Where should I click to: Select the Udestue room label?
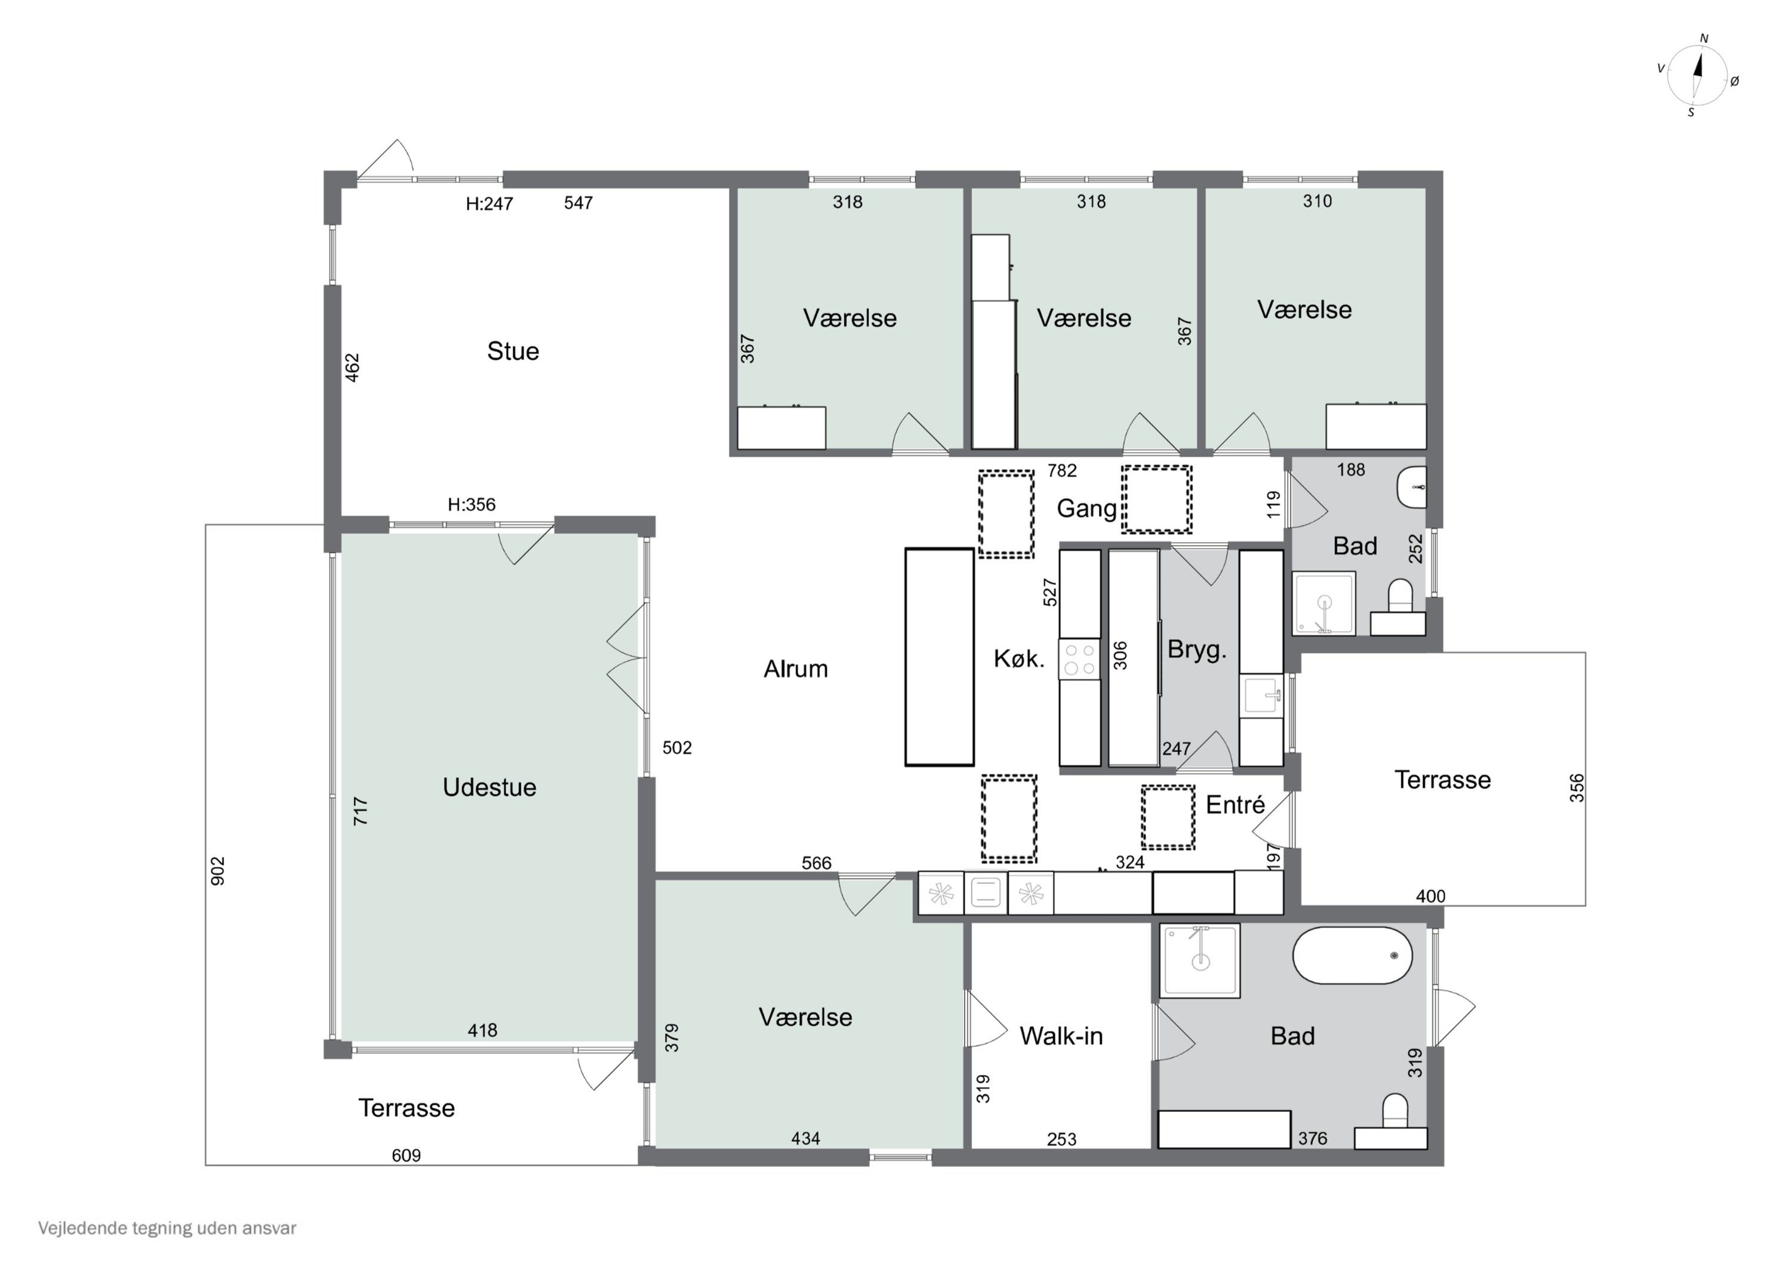coord(489,787)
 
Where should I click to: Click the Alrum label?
coord(796,669)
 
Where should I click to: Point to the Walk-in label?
coord(1061,1036)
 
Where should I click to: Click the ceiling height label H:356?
coord(471,505)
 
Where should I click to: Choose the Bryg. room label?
coord(1196,650)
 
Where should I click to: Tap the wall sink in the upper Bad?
coord(1413,488)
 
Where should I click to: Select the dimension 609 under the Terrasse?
coord(405,1155)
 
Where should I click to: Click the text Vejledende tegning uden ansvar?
coord(167,1228)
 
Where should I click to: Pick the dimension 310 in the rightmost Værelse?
coord(1317,201)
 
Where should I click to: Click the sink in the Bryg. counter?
coord(1261,694)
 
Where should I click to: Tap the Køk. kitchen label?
coord(1018,659)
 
